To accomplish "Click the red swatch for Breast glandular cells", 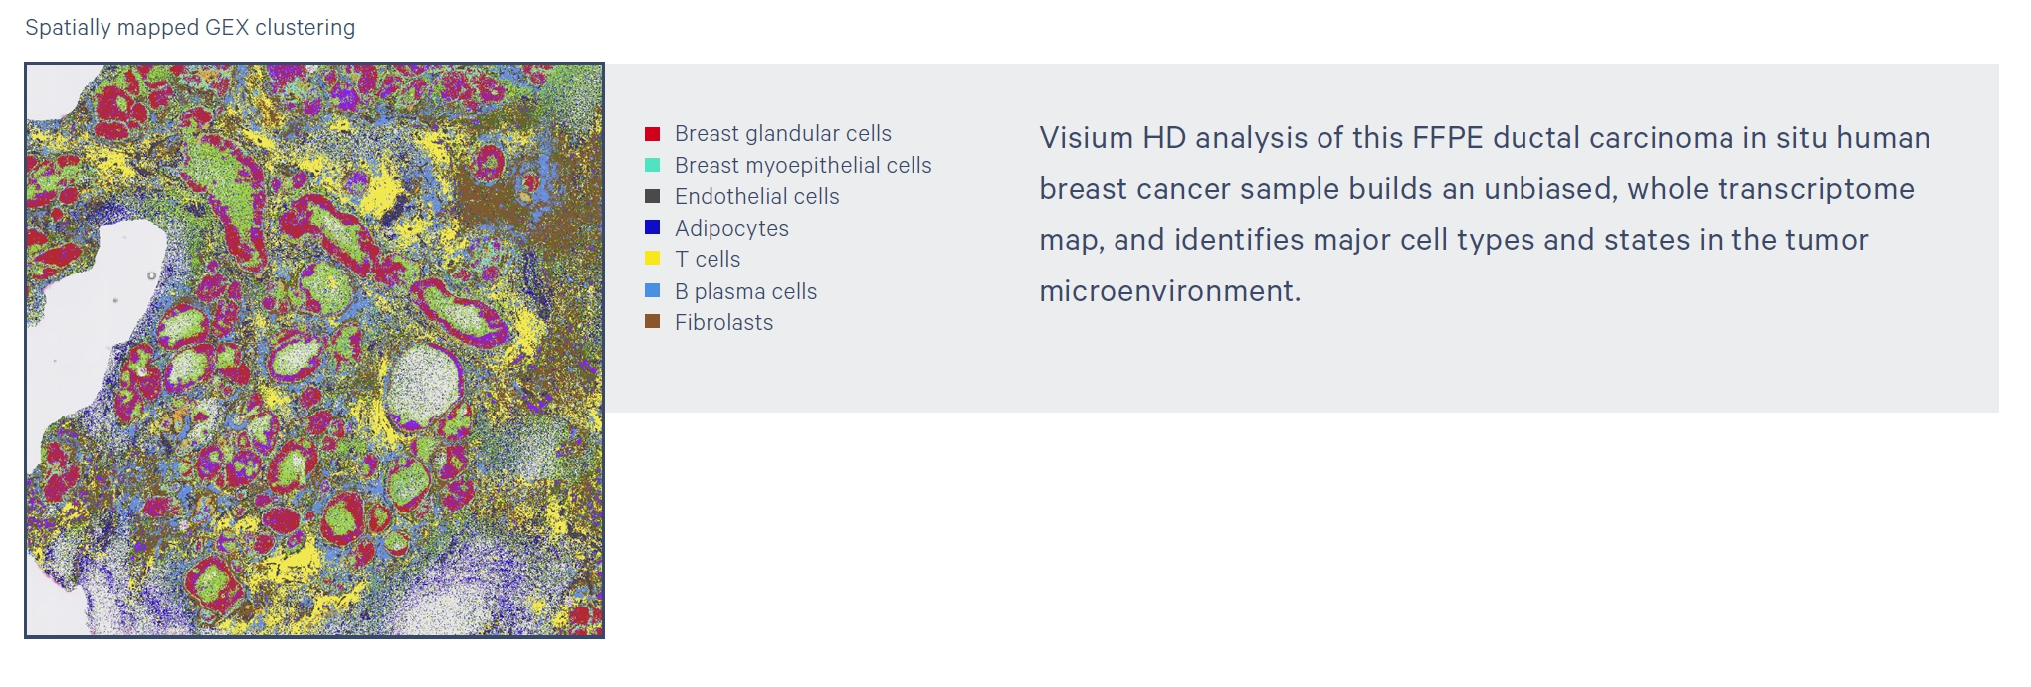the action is (652, 134).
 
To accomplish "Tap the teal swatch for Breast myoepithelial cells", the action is (652, 165).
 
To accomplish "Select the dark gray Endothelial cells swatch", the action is (652, 197).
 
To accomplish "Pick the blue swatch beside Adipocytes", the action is (652, 228).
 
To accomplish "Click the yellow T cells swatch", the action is (652, 259).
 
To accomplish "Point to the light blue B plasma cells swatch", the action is (652, 291).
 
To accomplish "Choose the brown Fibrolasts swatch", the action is (652, 322).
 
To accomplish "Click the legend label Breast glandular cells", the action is (783, 134).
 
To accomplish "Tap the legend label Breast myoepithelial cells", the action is (803, 165).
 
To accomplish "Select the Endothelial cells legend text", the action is (757, 197).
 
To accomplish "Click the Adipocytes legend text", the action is (731, 229).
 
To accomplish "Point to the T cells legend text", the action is (708, 259).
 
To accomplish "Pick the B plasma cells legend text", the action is (745, 291).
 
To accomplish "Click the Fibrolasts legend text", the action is (723, 322).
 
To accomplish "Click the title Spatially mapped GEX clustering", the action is (190, 28).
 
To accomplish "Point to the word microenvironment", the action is (1170, 291).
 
